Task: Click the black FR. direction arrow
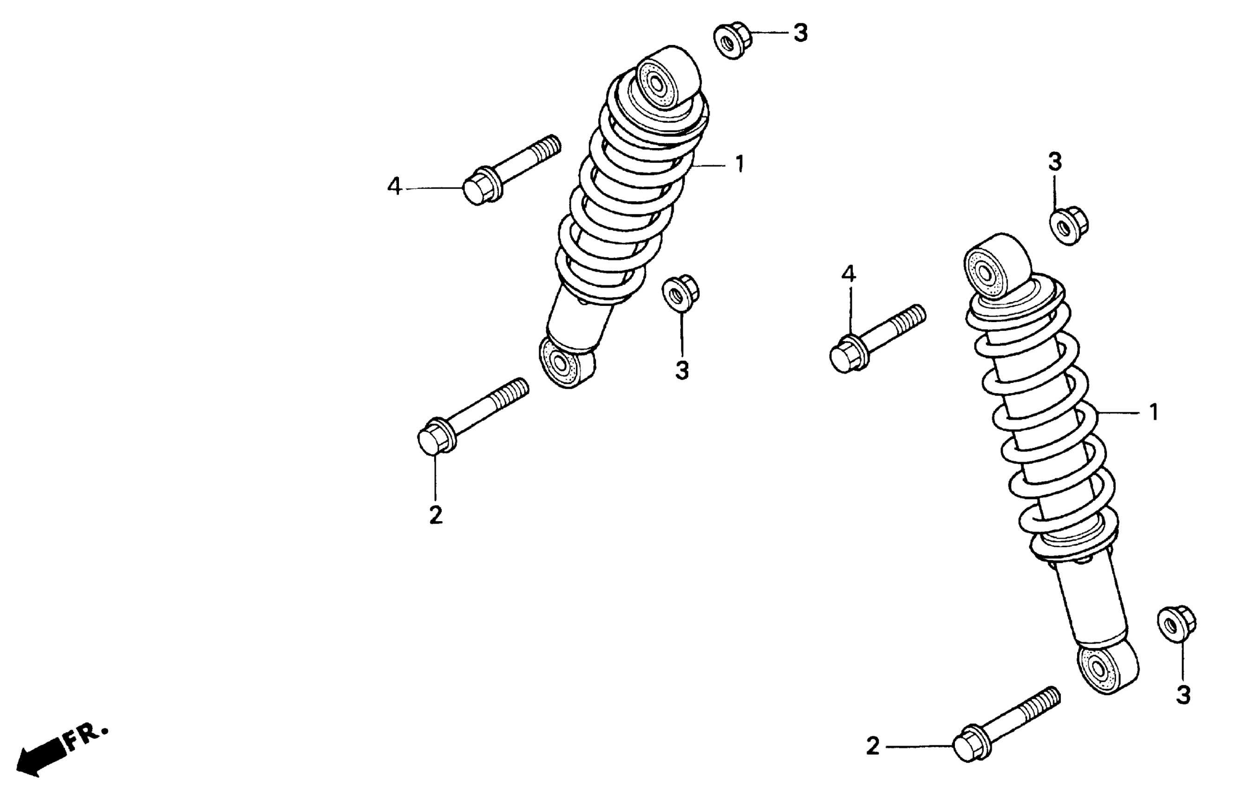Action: pos(39,757)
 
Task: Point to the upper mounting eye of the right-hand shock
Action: pos(985,271)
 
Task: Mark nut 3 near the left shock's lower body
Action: pos(680,294)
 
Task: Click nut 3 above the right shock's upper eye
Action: pos(1068,226)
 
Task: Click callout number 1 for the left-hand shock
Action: pos(740,164)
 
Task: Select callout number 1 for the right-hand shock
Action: pos(1154,413)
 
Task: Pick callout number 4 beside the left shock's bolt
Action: pos(394,187)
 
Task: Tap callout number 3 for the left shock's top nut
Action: pos(801,33)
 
